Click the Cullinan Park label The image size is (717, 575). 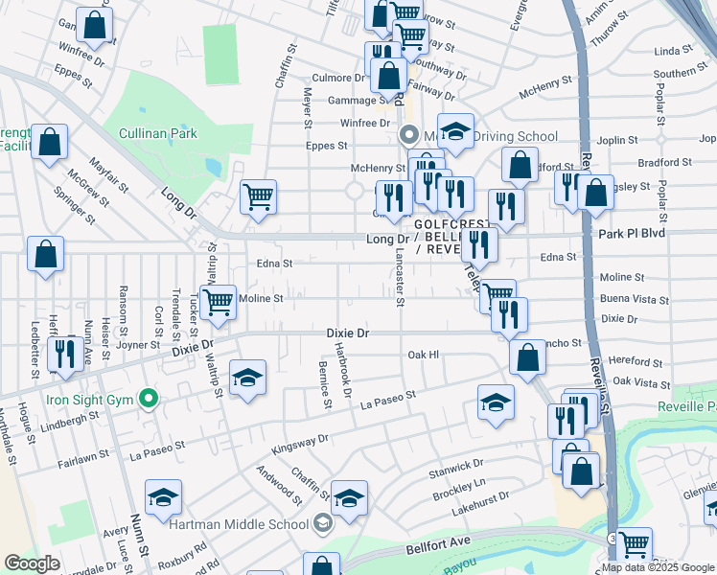coord(157,133)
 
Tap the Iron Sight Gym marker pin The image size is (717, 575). coord(147,398)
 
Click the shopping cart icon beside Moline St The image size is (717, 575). coord(218,301)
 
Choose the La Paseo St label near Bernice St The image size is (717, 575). coord(387,400)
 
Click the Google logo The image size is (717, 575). coord(31,563)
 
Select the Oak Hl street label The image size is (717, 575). coord(422,355)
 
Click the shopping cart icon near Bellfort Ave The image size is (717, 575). coord(635,544)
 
